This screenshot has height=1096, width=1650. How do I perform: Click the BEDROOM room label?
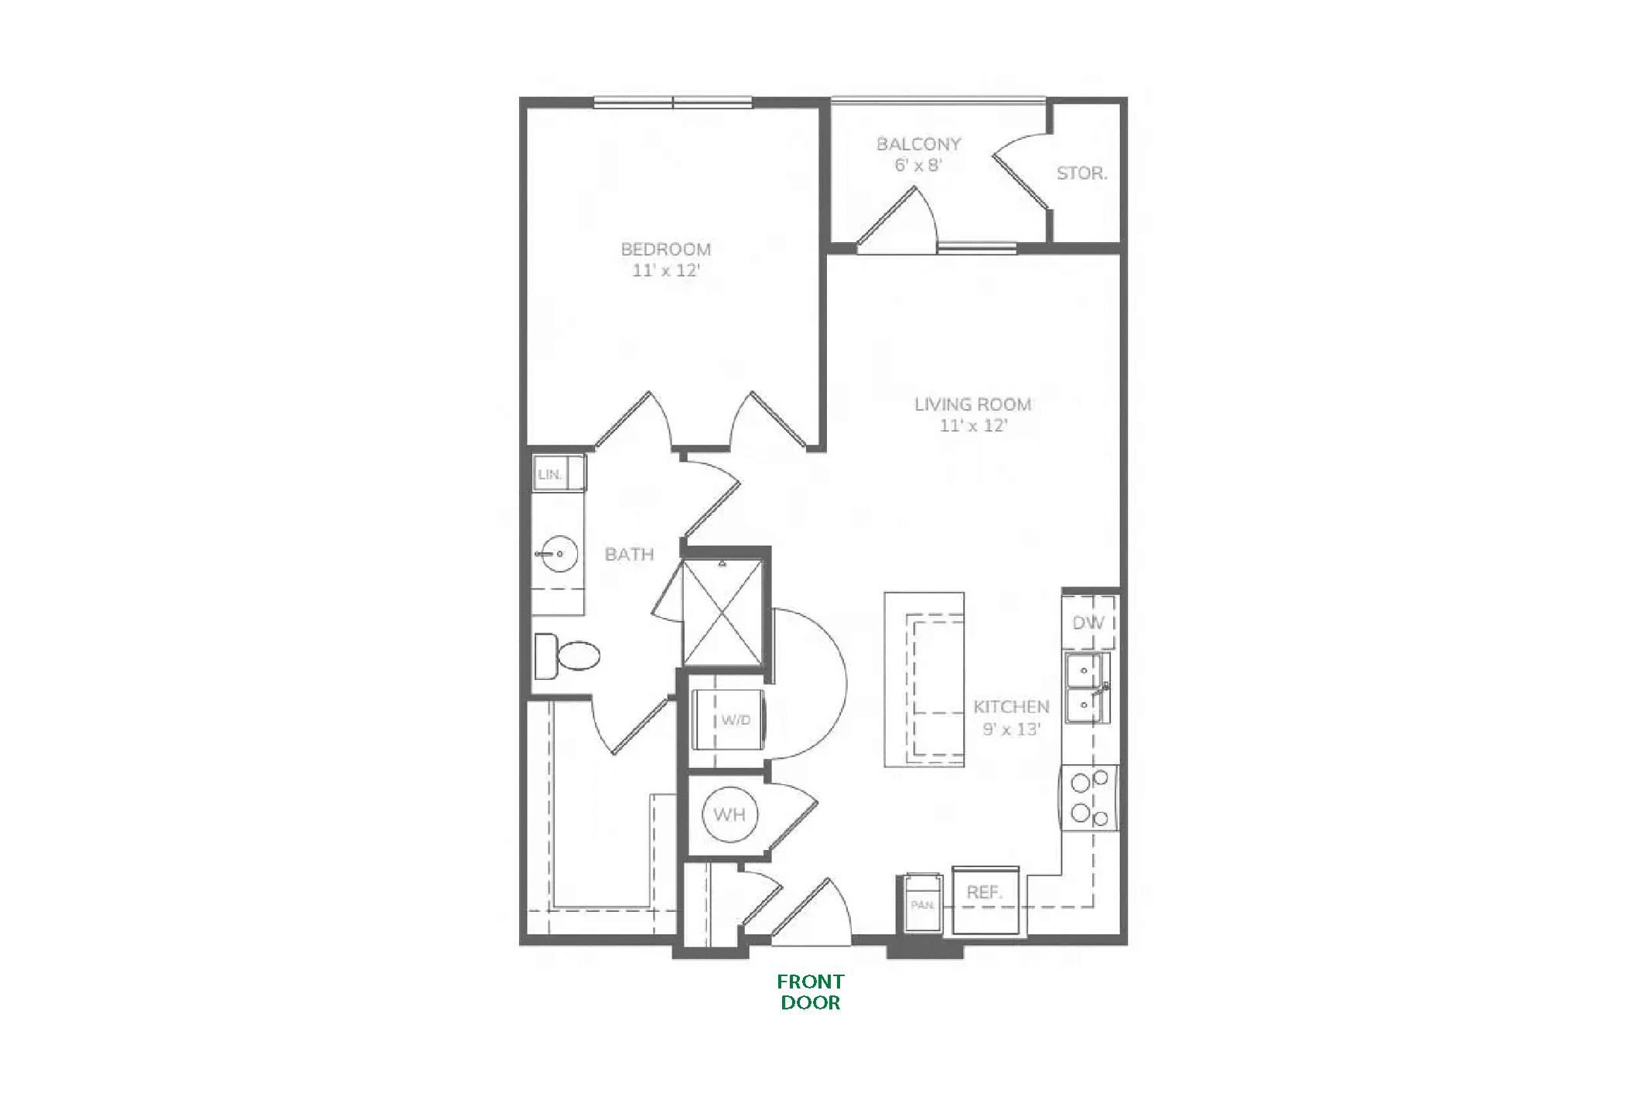click(665, 249)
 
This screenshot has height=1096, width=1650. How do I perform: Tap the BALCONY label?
click(918, 144)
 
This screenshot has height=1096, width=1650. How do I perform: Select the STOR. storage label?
click(1081, 173)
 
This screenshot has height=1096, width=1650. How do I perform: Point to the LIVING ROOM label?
click(973, 404)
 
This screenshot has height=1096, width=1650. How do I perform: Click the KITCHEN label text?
click(1011, 706)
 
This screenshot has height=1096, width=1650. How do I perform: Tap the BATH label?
click(629, 554)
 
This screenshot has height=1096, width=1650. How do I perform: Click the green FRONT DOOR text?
click(811, 992)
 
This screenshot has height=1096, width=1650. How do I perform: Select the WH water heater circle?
click(729, 814)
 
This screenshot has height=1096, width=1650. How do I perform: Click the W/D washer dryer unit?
click(728, 719)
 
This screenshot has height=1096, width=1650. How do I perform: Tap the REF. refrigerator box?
click(985, 901)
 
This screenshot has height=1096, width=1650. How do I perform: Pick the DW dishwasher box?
click(1088, 622)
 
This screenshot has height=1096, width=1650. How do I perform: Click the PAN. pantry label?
click(922, 903)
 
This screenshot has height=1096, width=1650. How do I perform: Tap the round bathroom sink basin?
click(559, 553)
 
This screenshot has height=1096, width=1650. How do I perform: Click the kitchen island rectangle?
click(924, 679)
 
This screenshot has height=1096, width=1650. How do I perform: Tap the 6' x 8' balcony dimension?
click(918, 165)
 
